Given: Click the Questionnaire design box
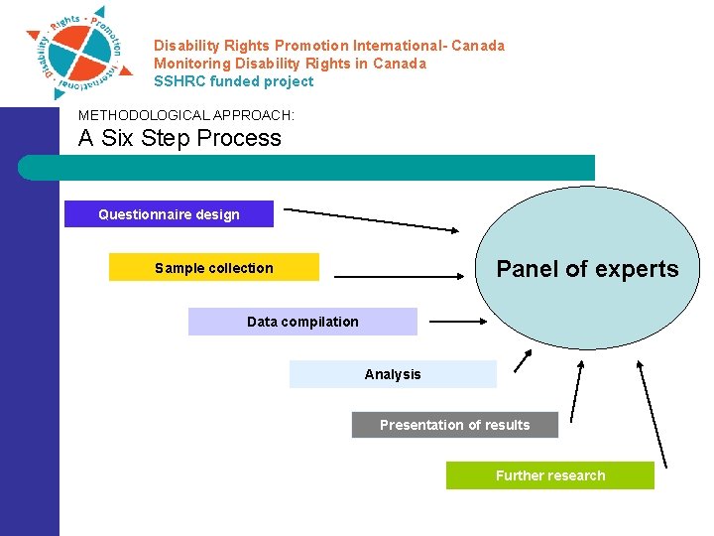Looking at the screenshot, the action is (169, 214).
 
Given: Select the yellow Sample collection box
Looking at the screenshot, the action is (213, 268).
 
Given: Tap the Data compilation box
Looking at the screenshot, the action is (302, 322).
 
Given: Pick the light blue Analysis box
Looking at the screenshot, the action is (393, 374).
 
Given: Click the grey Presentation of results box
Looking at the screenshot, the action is (454, 425).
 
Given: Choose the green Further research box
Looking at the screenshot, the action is (549, 475).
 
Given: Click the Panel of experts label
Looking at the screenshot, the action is (587, 269).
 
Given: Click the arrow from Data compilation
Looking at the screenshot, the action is (458, 321).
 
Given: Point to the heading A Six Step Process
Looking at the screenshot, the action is (179, 138).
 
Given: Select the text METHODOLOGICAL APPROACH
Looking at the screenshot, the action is (186, 115).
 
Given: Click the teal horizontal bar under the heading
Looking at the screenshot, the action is (307, 167).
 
